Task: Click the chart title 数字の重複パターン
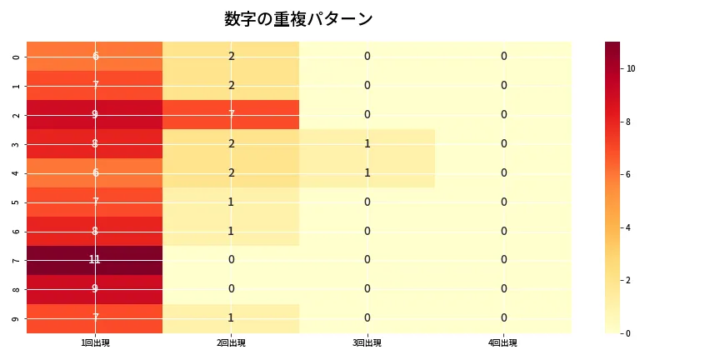(x=298, y=19)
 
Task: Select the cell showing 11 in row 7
(x=95, y=260)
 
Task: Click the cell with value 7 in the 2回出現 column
(x=231, y=114)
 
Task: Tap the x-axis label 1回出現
(x=95, y=342)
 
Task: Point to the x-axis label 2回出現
(x=231, y=342)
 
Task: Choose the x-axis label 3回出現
(x=367, y=342)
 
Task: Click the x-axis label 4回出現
(x=503, y=342)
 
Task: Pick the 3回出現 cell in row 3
(x=367, y=143)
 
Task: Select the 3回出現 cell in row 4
(x=367, y=172)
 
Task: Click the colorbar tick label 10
(x=631, y=68)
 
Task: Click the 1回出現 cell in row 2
(x=95, y=114)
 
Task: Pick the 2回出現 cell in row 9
(x=231, y=318)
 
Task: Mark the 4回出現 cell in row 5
(x=503, y=202)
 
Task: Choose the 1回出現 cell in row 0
(x=95, y=56)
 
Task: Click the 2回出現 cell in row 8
(x=231, y=289)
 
